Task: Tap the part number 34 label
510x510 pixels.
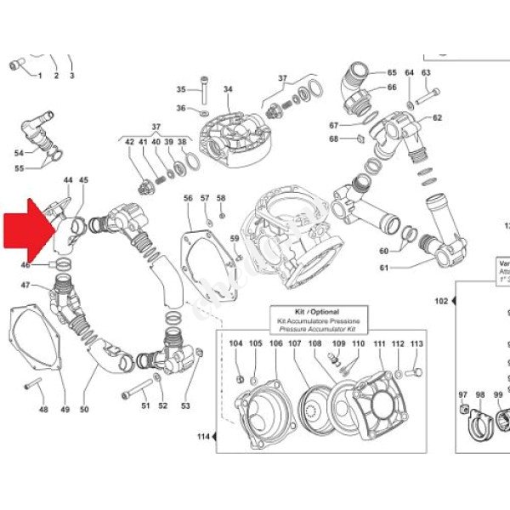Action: (x=228, y=89)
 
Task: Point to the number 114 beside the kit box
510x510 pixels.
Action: (x=202, y=437)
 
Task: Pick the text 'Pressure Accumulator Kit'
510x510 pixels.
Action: (x=318, y=329)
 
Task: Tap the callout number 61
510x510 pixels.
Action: (x=383, y=269)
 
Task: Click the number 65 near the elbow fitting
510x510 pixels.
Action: (x=392, y=72)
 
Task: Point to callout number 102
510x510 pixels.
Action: (x=441, y=301)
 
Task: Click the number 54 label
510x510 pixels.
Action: (x=20, y=153)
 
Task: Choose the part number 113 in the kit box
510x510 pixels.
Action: (x=416, y=343)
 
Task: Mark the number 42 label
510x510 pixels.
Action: (x=130, y=142)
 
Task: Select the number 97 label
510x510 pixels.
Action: (x=463, y=394)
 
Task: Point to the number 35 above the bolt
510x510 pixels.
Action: (x=181, y=89)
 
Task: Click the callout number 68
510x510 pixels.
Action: (x=334, y=139)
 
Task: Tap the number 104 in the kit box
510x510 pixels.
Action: (x=236, y=343)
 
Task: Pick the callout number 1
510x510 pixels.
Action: (x=39, y=76)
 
